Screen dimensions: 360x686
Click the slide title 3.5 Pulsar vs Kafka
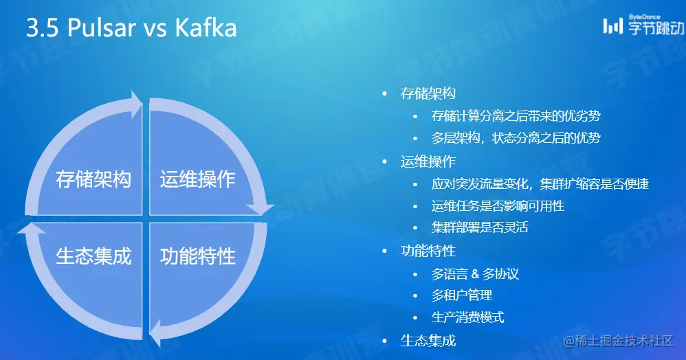pos(131,29)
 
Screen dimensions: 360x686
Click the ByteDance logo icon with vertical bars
pos(613,26)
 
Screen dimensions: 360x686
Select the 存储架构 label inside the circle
pos(93,180)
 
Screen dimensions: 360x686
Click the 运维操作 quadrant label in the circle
pos(198,180)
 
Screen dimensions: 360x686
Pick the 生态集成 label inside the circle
pos(93,256)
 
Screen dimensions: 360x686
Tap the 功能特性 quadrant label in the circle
pos(198,256)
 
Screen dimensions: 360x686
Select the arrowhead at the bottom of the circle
pos(157,334)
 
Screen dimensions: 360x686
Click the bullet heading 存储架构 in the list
pos(428,93)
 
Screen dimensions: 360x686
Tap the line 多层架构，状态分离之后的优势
pos(516,138)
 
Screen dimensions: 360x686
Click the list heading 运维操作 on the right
pos(428,161)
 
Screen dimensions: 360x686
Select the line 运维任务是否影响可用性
pos(498,205)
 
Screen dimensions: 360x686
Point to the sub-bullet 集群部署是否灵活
pos(480,227)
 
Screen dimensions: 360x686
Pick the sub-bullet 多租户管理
pos(462,295)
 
